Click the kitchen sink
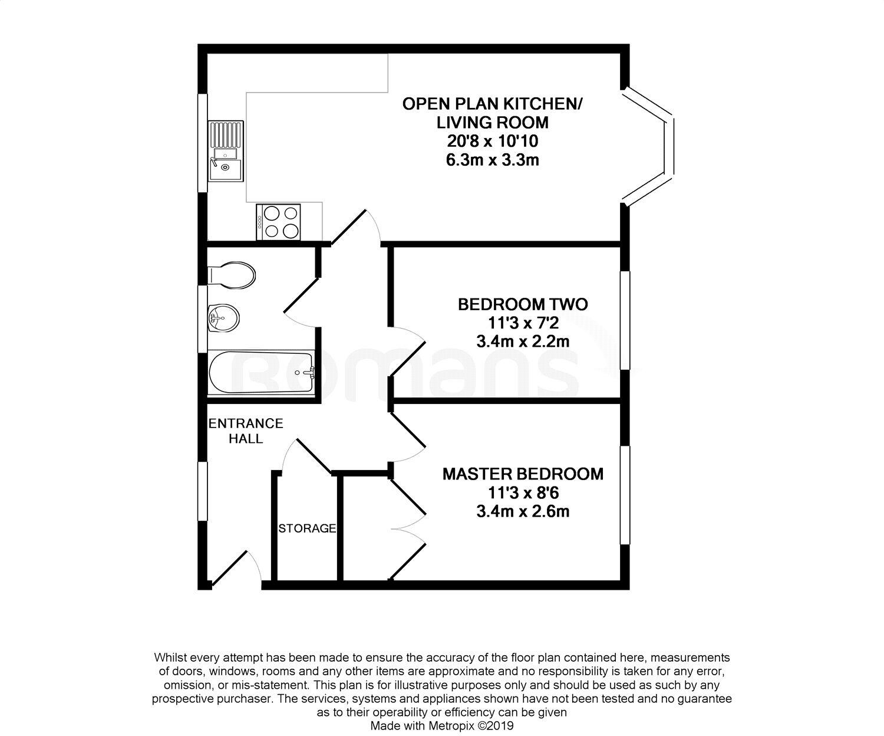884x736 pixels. pos(225,150)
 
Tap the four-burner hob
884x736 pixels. pos(278,222)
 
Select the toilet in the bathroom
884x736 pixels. pos(232,275)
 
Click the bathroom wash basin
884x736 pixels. pos(223,319)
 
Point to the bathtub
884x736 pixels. pos(262,374)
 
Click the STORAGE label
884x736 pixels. pos(307,528)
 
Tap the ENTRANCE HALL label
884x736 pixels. pos(246,431)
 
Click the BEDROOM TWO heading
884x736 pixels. pos(523,304)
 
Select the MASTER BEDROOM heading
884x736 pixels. pos(523,474)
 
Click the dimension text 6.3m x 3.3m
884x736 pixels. pos(493,160)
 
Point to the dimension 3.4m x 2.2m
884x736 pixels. pos(523,341)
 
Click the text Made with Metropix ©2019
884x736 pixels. pos(442,726)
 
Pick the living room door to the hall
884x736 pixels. pos(354,227)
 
